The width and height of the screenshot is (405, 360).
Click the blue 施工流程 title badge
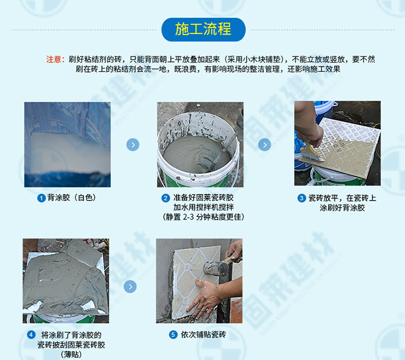(x=203, y=30)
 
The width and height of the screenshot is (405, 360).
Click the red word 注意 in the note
(x=54, y=60)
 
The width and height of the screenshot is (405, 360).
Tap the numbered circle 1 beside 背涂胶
(x=41, y=198)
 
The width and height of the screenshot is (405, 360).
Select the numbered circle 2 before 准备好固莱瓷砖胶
(x=166, y=198)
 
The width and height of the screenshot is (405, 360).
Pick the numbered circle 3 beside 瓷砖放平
(x=301, y=198)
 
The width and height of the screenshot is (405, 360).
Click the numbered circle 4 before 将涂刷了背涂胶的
(x=31, y=335)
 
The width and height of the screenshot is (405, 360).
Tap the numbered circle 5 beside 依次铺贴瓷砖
(x=173, y=335)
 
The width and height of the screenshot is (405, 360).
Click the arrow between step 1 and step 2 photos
(x=133, y=145)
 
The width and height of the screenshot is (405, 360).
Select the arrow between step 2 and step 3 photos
(x=264, y=145)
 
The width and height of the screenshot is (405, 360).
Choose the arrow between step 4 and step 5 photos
(x=130, y=287)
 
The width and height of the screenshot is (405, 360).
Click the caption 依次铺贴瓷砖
(x=203, y=334)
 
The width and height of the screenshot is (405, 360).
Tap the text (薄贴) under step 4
(x=71, y=354)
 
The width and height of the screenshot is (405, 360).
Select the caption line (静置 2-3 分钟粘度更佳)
(x=203, y=217)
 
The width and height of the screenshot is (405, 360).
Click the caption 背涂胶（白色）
(x=71, y=198)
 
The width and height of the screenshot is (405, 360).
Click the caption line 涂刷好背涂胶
(x=342, y=208)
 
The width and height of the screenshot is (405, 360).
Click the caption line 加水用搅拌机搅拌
(x=204, y=207)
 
